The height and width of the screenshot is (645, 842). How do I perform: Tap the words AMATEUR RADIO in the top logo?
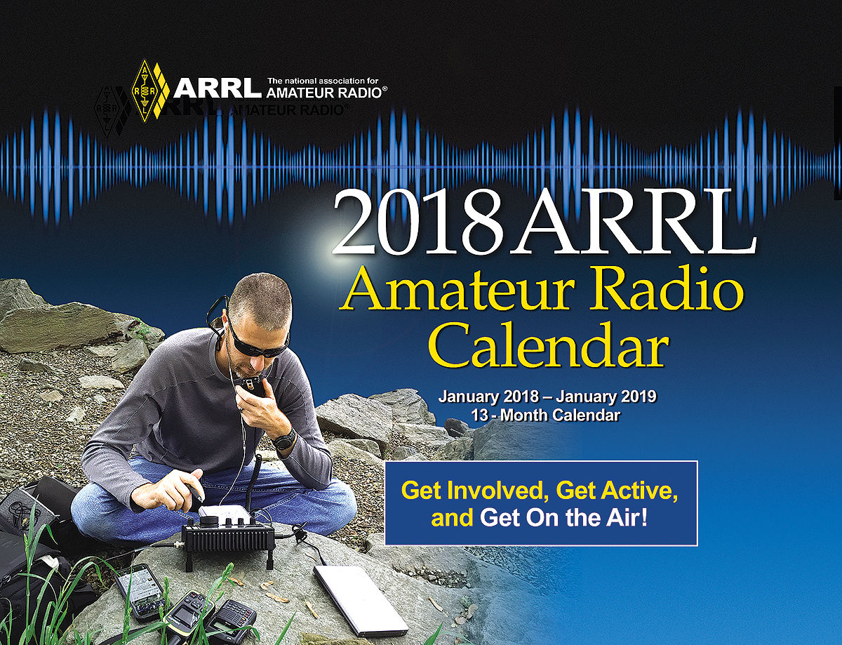tap(326, 93)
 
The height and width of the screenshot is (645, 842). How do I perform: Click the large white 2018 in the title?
tap(420, 222)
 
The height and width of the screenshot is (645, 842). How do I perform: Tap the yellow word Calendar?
tap(550, 345)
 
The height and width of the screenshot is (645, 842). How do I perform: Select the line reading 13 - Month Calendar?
tap(545, 415)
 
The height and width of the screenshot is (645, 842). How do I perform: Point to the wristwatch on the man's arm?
tap(284, 439)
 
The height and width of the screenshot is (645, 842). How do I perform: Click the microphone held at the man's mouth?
tap(251, 385)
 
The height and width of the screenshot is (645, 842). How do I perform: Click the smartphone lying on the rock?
tap(141, 590)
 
